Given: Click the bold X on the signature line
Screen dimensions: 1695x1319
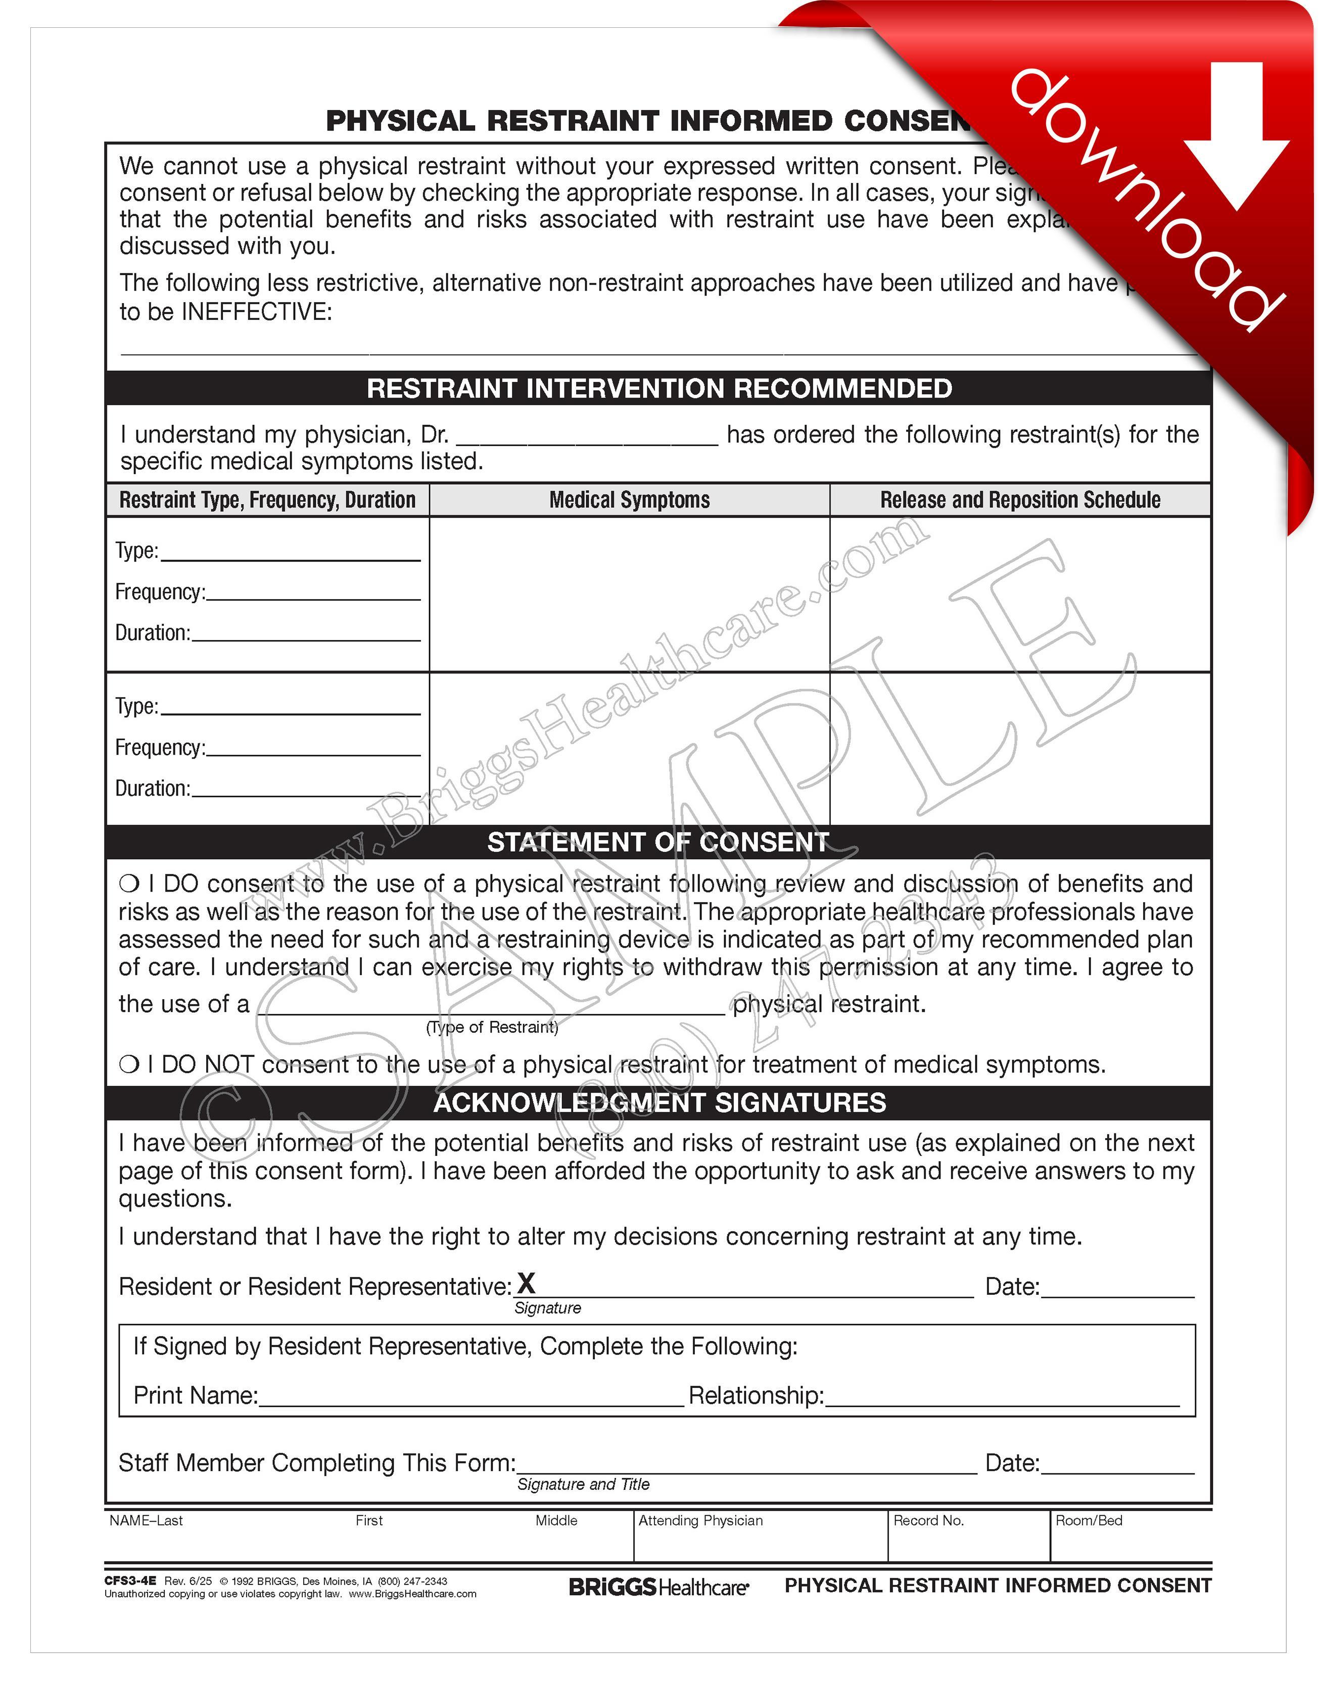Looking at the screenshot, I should [x=526, y=1283].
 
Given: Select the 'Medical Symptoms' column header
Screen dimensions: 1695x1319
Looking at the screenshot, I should [x=629, y=500].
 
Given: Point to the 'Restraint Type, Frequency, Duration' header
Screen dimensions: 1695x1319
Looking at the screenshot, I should [x=268, y=500].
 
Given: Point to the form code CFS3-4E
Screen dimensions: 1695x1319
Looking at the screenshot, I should [x=130, y=1580].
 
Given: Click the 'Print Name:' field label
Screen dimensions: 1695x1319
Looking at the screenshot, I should [x=196, y=1395].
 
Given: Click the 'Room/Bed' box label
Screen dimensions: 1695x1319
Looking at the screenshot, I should [x=1089, y=1520].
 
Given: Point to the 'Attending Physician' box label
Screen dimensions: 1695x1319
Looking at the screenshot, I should [x=700, y=1520].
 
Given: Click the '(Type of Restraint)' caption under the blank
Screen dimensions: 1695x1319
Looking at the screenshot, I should [x=492, y=1027].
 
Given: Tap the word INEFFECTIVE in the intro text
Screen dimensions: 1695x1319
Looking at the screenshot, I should [x=256, y=312].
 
